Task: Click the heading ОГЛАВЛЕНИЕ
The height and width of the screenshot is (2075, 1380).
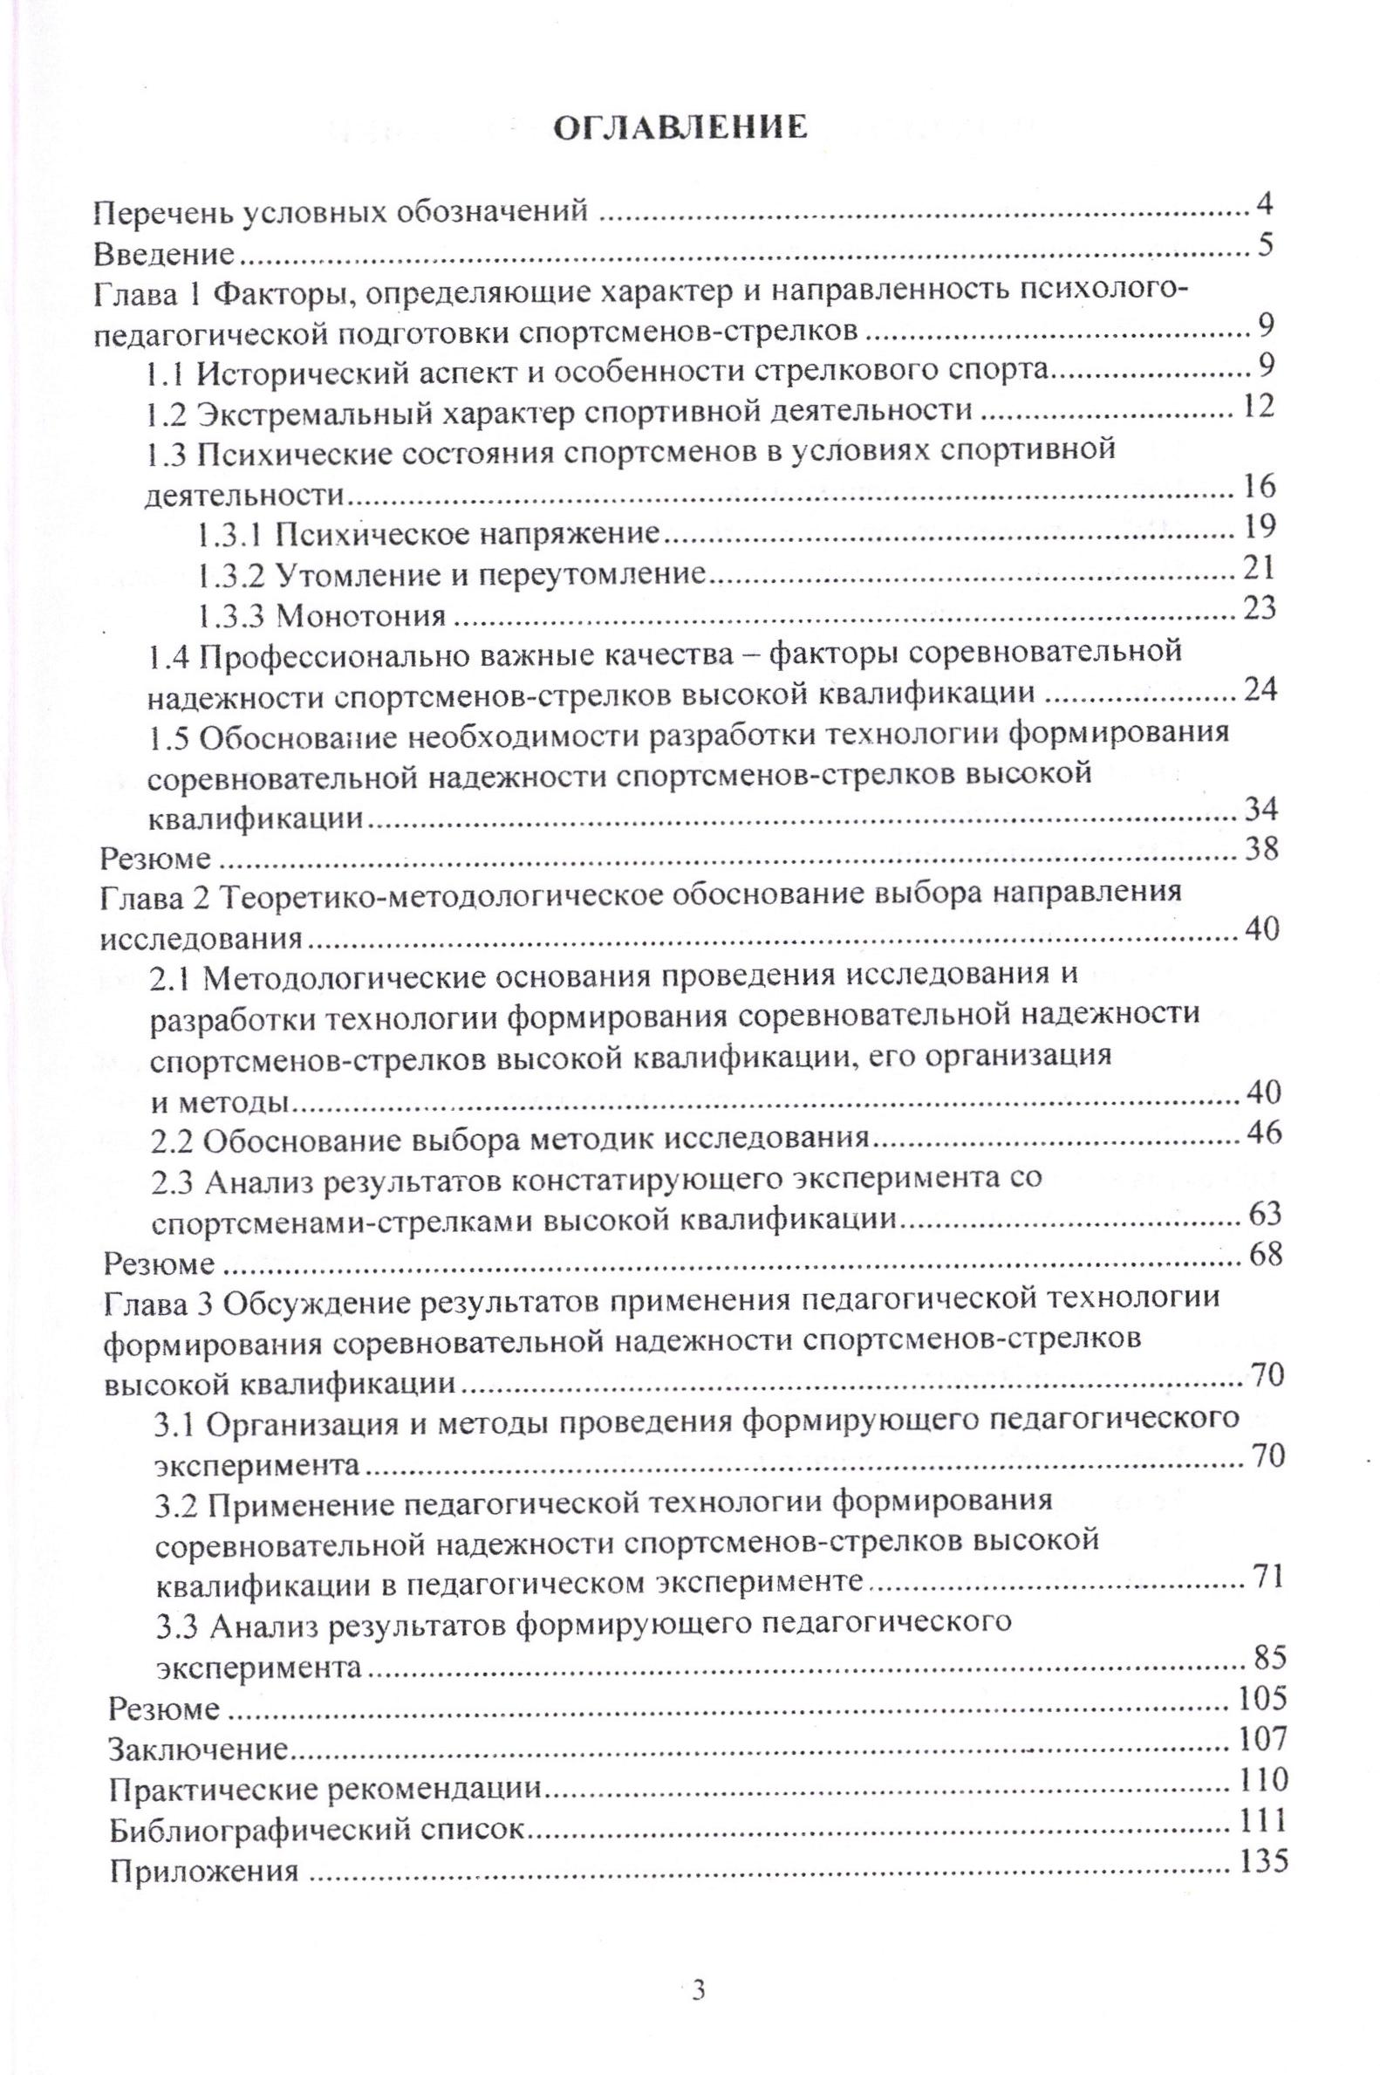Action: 679,128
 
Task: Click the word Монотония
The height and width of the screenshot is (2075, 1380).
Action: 361,614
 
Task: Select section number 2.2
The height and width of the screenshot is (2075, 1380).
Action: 176,1141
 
